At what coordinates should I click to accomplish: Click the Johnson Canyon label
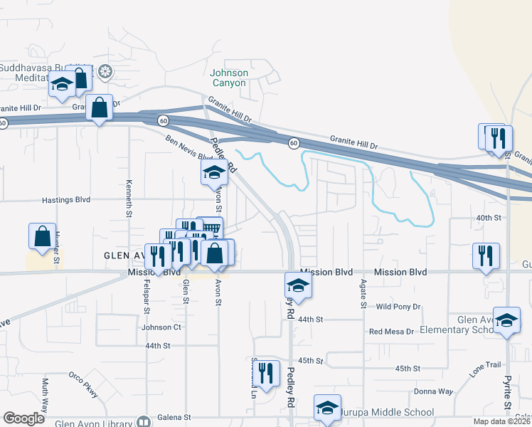click(x=229, y=78)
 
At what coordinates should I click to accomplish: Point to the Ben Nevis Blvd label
click(x=190, y=148)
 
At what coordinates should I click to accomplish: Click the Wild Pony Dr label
click(x=398, y=307)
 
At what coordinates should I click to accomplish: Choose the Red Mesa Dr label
click(x=391, y=332)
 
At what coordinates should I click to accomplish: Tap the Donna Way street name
click(x=434, y=391)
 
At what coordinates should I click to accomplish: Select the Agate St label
click(x=363, y=293)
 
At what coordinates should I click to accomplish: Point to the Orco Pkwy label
click(x=83, y=384)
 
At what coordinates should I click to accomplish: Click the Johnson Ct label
click(x=161, y=327)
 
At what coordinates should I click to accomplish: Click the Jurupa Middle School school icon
click(x=327, y=408)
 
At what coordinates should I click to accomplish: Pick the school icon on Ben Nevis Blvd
click(x=213, y=172)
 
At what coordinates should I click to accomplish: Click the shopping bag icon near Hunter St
click(x=42, y=236)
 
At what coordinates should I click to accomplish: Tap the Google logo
click(x=23, y=418)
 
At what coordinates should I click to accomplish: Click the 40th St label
click(x=489, y=217)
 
